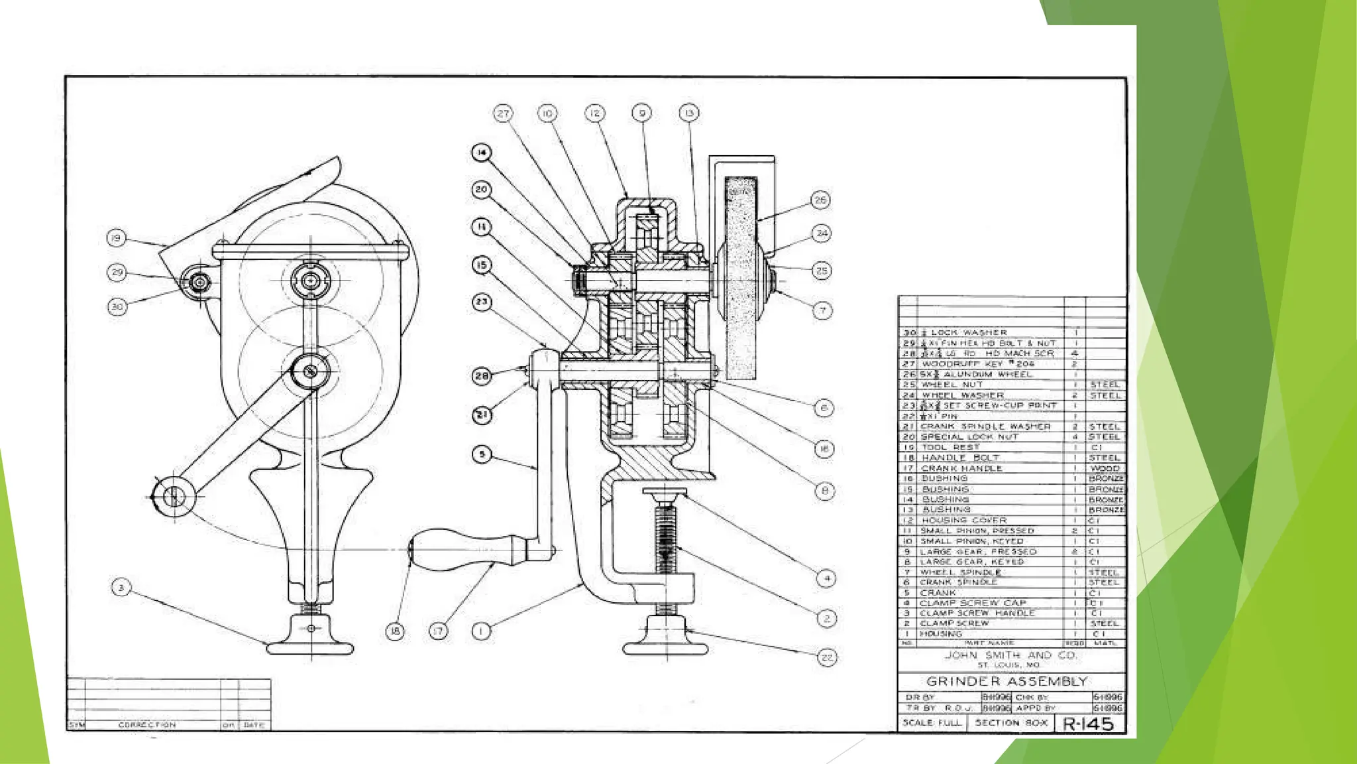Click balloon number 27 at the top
[x=503, y=113]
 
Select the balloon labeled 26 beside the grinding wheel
[x=820, y=200]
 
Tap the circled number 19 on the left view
[x=116, y=238]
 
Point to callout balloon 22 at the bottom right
[x=827, y=657]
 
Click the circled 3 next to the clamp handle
[x=121, y=588]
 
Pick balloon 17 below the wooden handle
[x=438, y=631]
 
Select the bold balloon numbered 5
[x=482, y=454]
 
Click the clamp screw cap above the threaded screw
[x=665, y=493]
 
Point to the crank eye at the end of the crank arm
[x=173, y=495]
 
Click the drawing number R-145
[x=1088, y=724]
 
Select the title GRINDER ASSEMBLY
[x=1006, y=681]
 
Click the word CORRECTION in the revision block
[x=147, y=725]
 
